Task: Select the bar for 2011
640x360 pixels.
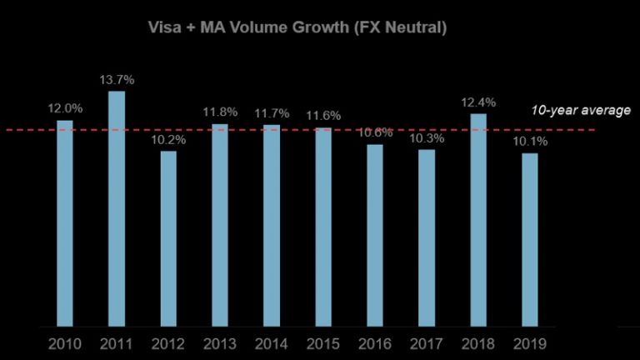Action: pyautogui.click(x=117, y=208)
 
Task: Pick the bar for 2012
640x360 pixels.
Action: pyautogui.click(x=168, y=238)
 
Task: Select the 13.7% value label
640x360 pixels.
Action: pyautogui.click(x=117, y=79)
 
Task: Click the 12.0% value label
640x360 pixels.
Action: pyautogui.click(x=65, y=108)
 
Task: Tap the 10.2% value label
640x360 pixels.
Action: pyautogui.click(x=168, y=139)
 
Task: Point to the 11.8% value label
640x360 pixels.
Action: pyautogui.click(x=220, y=112)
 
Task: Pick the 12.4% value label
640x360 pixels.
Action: pyautogui.click(x=478, y=102)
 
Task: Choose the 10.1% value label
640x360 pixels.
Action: pyautogui.click(x=530, y=141)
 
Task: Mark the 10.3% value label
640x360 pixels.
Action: pyautogui.click(x=427, y=137)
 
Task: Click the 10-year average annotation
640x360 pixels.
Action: pyautogui.click(x=581, y=110)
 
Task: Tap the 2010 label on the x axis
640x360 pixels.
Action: pyautogui.click(x=65, y=342)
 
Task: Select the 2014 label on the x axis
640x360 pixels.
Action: pyautogui.click(x=272, y=342)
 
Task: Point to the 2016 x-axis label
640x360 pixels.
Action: pyautogui.click(x=375, y=342)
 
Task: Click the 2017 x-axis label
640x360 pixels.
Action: pyautogui.click(x=427, y=342)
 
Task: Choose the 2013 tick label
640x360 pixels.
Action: pyautogui.click(x=220, y=342)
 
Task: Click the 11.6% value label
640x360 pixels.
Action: pyautogui.click(x=323, y=115)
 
